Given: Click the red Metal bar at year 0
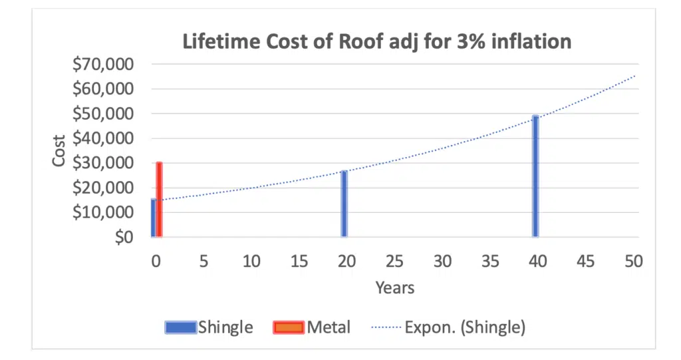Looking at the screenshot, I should point(159,200).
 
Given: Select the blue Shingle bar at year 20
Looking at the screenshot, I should point(344,204).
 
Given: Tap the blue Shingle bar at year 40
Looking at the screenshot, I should point(535,176).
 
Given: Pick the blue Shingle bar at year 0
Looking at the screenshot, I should point(153,218).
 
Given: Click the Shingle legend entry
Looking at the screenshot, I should point(209,327).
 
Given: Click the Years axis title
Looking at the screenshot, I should point(394,287).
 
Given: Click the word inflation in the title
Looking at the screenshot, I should point(532,41).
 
